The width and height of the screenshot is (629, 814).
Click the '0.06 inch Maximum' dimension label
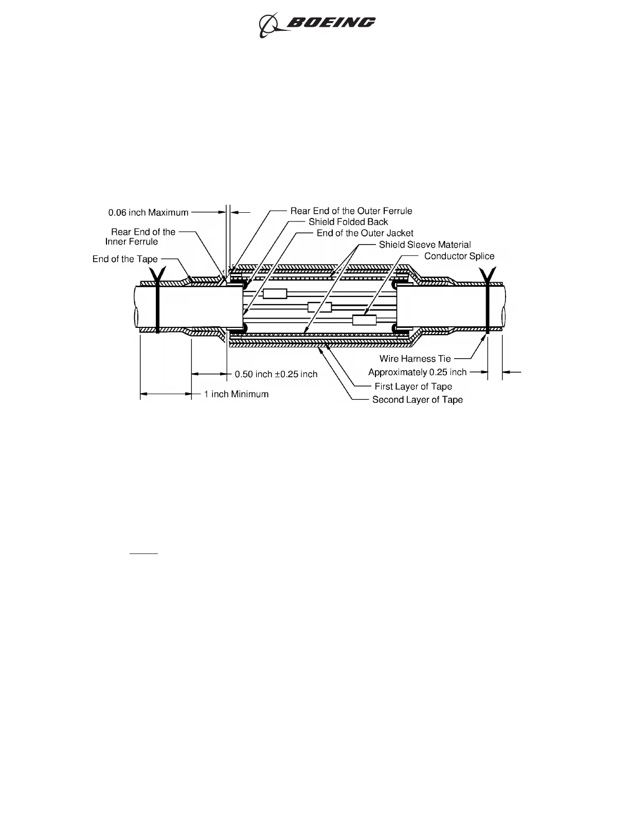(148, 212)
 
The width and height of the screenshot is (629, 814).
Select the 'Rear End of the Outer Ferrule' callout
(351, 211)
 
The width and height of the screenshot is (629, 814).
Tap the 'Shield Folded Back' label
(348, 222)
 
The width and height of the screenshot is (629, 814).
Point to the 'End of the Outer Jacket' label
(365, 233)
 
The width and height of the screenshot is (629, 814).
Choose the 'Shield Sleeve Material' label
(425, 245)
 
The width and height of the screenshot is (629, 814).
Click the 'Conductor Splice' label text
(459, 256)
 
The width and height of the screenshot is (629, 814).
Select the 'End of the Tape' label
(125, 259)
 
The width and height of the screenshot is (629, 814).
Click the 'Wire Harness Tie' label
(415, 359)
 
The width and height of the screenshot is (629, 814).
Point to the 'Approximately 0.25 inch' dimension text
(417, 372)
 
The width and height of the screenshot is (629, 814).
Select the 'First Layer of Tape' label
(413, 386)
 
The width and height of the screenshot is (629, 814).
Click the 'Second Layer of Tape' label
(417, 400)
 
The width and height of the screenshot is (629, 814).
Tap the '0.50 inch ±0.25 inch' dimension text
(276, 374)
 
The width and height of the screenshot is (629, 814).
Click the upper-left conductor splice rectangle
(275, 293)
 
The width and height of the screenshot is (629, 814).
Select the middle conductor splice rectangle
(319, 307)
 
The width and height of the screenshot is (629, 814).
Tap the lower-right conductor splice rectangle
(364, 320)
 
